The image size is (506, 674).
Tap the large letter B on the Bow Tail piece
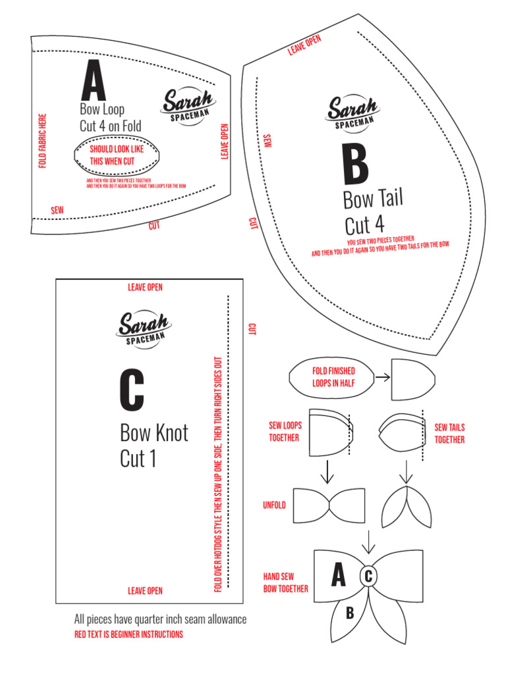[355, 166]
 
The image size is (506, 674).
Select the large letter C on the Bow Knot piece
[132, 392]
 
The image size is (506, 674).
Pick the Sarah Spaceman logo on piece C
[144, 328]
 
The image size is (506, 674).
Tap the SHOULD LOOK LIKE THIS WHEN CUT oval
[117, 154]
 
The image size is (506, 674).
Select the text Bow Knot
[154, 433]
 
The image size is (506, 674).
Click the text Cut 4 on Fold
[110, 126]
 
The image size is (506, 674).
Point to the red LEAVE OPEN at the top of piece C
[145, 287]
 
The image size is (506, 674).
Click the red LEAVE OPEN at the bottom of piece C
[145, 591]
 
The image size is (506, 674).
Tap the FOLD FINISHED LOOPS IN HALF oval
[333, 377]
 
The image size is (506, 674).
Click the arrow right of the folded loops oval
[381, 378]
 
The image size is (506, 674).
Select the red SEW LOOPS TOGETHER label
[284, 432]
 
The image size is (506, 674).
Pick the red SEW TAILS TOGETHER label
[449, 434]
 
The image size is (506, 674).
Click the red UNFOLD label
[275, 505]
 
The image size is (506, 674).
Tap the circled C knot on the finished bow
[368, 577]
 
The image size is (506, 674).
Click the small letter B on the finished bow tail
[351, 613]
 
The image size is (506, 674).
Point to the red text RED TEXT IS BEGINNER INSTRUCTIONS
[128, 635]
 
